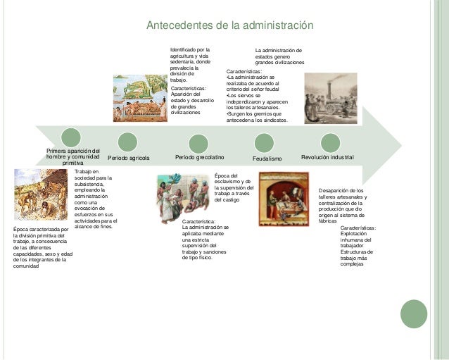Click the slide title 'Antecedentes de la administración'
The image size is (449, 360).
[229, 26]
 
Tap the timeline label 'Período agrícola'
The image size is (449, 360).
[129, 158]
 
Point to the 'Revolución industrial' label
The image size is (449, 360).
[327, 157]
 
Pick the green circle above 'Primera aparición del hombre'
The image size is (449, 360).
[70, 137]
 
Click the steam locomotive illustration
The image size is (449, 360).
[331, 99]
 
